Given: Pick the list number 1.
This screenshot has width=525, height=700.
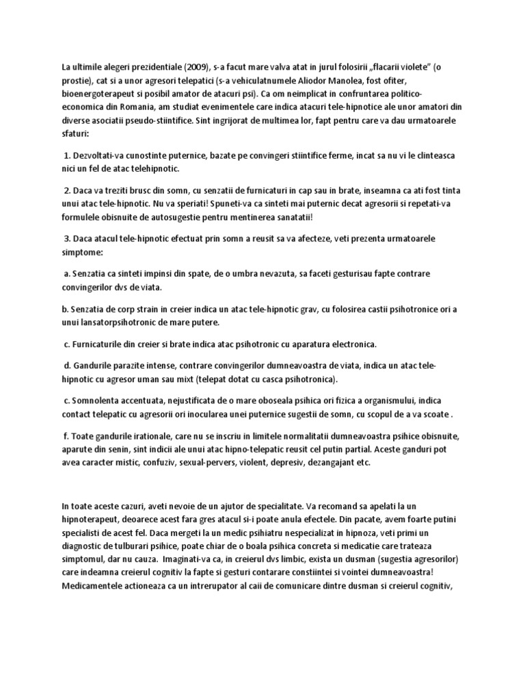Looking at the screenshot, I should (x=67, y=155).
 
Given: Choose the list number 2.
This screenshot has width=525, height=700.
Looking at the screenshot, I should (x=67, y=189).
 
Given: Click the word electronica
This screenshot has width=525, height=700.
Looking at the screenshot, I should (x=348, y=342).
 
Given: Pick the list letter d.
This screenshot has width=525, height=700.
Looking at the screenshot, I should (x=66, y=366).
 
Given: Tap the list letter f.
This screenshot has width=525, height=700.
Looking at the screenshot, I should (x=66, y=435).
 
